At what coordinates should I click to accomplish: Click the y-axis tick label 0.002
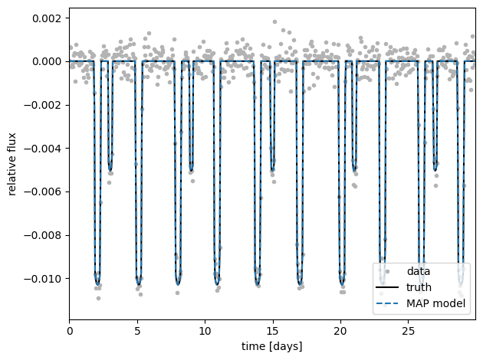pos(47,18)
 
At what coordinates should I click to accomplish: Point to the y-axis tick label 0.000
pos(47,61)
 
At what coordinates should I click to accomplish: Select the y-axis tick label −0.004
pos(42,149)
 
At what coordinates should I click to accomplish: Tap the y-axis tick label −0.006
pos(42,192)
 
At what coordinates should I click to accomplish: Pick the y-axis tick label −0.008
pos(42,235)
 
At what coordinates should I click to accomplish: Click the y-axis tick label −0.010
pos(42,279)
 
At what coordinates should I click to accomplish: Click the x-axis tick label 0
pos(70,332)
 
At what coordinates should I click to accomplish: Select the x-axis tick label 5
pos(137,332)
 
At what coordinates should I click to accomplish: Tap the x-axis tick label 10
pos(205,332)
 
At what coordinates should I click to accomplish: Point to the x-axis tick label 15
pos(273,332)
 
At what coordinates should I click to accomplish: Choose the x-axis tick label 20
pos(340,332)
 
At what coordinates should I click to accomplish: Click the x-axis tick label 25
pos(408,332)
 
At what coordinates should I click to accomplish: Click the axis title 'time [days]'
pos(272,346)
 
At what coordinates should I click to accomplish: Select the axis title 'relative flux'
pos(11,164)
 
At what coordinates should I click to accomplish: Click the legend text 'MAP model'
pos(435,303)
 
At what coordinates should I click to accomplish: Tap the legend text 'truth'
pos(419,287)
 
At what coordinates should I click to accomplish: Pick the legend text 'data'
pos(419,271)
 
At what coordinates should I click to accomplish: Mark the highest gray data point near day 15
pos(274,22)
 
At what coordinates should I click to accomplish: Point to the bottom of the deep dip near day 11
pos(217,284)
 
